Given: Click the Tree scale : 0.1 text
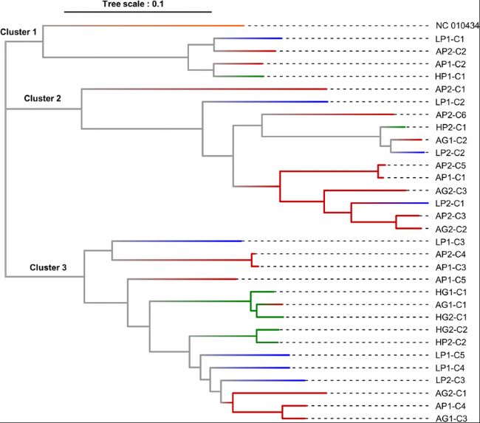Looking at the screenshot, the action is [133, 4].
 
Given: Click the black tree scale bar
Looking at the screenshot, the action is [138, 12].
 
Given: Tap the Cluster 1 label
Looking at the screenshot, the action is [18, 32].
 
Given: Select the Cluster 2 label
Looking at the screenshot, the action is [43, 98].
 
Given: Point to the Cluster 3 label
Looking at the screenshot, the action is [48, 267].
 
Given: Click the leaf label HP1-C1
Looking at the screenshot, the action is [450, 76].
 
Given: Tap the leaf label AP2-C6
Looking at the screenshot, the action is [450, 115].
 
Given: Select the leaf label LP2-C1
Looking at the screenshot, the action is [450, 203].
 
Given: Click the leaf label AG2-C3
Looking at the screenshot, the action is [451, 191].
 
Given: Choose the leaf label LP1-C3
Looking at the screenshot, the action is [450, 242].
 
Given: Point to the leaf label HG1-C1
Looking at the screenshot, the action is [451, 292].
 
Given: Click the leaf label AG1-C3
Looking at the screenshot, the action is [451, 419].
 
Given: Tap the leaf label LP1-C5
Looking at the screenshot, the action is [450, 355].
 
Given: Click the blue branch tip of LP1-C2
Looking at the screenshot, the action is [328, 102].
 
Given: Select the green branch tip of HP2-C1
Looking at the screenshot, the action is [405, 127].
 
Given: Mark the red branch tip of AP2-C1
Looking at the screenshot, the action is [327, 89].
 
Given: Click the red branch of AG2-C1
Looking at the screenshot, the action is [280, 393].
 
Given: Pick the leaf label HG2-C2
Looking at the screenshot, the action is [451, 330].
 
